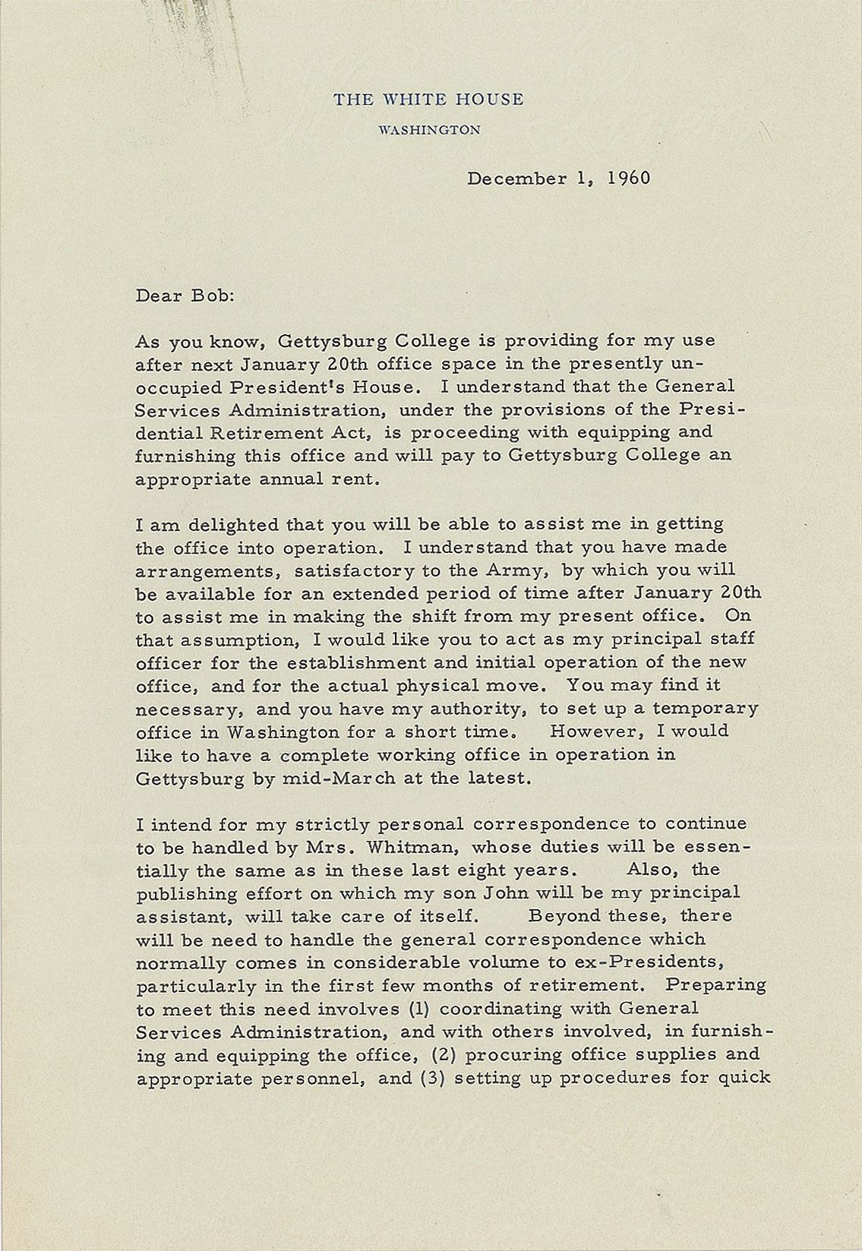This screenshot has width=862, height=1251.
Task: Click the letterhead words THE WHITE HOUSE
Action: tap(428, 100)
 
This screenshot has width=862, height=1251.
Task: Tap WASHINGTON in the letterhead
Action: tap(429, 130)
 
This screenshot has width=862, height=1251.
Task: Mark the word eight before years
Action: tap(491, 870)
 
